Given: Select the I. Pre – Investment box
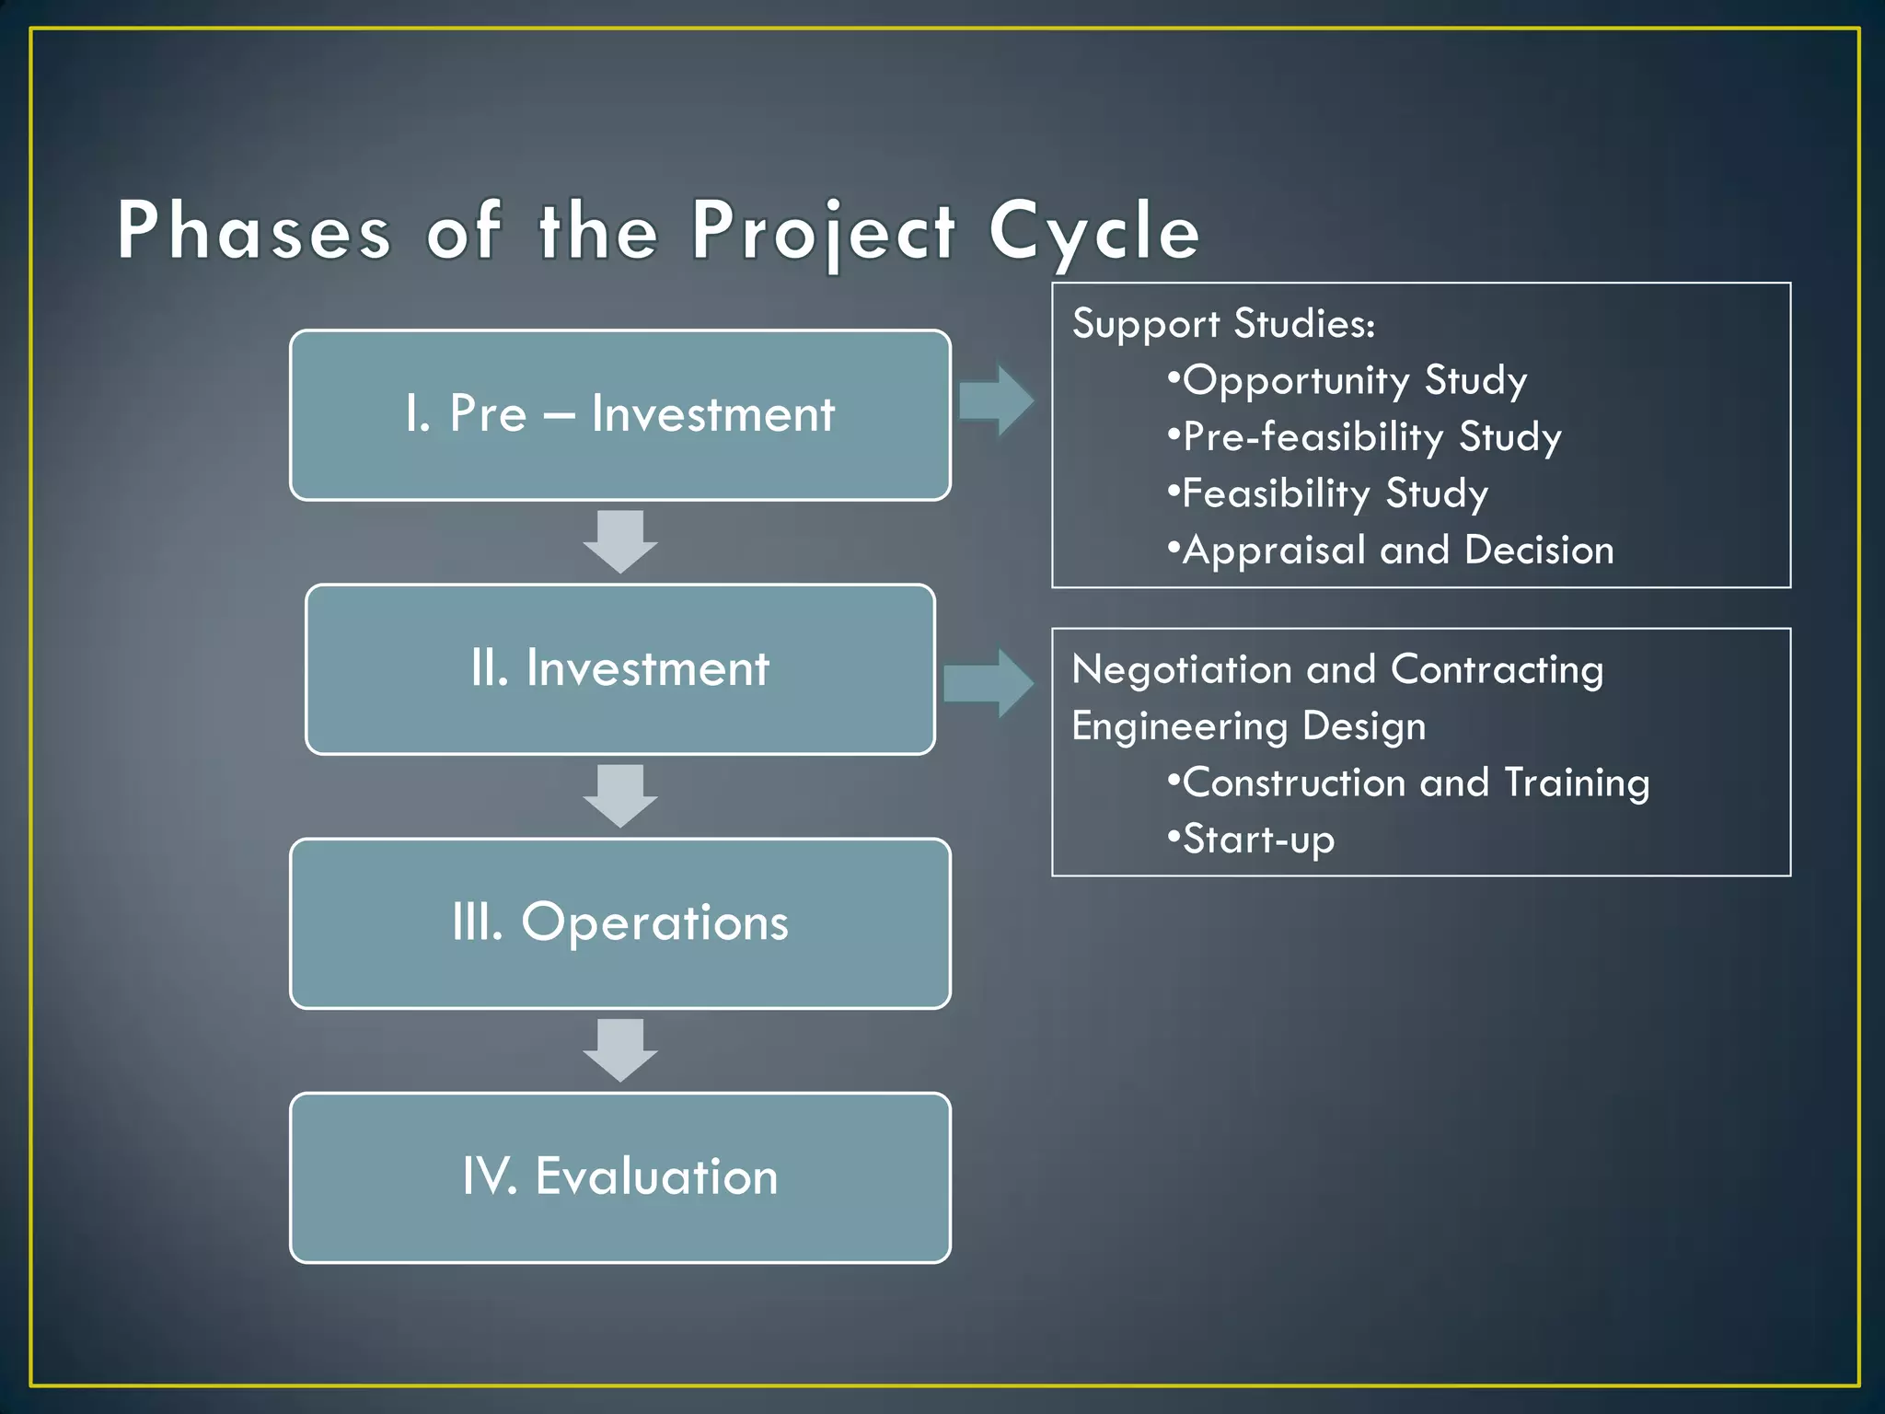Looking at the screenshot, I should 619,414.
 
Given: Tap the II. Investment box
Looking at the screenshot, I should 619,668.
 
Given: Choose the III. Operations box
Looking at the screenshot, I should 619,922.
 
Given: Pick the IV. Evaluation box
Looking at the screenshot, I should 619,1176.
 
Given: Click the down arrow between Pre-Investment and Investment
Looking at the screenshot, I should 619,541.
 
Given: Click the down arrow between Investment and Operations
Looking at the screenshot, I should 619,795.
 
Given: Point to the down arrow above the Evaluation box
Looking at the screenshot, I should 619,1049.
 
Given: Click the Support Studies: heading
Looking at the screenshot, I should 1223,324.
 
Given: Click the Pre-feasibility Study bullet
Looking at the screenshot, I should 1365,437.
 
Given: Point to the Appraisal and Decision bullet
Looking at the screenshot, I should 1391,551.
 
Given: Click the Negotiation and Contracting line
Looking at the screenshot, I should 1337,670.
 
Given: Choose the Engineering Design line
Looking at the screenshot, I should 1249,726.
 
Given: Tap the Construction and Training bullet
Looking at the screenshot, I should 1408,783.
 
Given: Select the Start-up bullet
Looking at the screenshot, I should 1251,840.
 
